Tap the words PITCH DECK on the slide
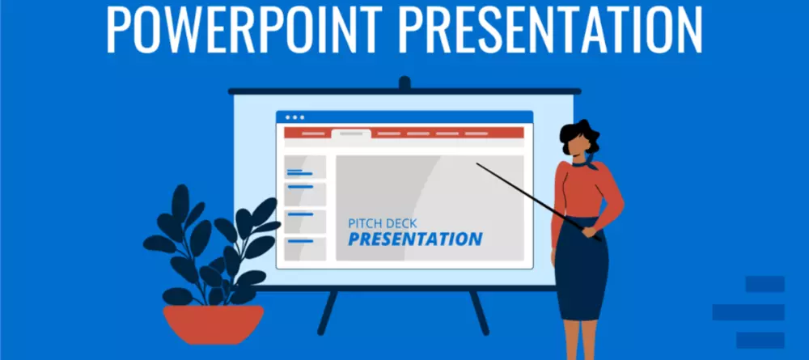coord(383,223)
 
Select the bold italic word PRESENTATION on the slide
coord(415,239)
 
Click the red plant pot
coord(213,324)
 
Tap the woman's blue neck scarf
coord(587,163)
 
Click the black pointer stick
coord(539,201)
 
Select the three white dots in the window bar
coord(294,117)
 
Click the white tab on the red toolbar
coord(351,134)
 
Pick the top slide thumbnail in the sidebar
coord(306,167)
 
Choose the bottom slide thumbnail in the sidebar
coord(306,248)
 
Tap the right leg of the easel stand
coord(479,312)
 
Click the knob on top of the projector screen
coord(404,83)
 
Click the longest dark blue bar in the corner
coord(748,312)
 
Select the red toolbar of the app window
coord(404,133)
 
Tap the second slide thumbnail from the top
coord(306,194)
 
